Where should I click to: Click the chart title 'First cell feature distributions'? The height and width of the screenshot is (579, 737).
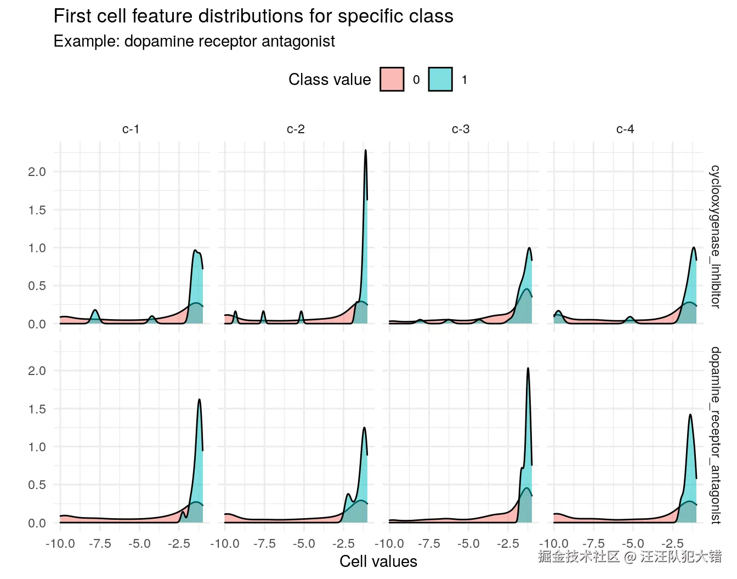point(253,16)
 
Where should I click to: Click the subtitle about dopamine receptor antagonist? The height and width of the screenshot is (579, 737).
point(194,42)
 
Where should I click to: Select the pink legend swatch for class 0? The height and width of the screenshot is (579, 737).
point(392,80)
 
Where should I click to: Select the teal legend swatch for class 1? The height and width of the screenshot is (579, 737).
point(440,80)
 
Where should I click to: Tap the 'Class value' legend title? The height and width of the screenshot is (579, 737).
point(330,80)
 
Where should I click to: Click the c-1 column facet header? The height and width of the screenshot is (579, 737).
point(131,129)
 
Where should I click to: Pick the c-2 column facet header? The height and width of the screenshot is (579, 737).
point(296,129)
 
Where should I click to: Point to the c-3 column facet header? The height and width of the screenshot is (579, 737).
point(461,129)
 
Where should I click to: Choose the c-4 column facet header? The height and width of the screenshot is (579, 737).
point(625,129)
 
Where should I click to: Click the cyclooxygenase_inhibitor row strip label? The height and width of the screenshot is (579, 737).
point(715,236)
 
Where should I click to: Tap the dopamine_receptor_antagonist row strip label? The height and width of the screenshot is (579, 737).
point(715,435)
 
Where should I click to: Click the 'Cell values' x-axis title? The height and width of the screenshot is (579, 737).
point(378,561)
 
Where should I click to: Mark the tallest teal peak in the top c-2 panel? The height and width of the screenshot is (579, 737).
point(365,151)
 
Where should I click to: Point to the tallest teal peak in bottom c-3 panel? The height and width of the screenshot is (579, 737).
point(528,368)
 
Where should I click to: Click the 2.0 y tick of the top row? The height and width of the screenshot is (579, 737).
point(37,172)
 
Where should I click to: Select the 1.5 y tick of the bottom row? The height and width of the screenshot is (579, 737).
point(37,409)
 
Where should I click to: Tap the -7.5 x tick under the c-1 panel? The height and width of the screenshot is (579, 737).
point(99,543)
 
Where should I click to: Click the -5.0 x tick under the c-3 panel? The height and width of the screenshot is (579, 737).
point(468,543)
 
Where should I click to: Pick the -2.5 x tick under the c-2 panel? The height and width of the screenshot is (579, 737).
point(343,543)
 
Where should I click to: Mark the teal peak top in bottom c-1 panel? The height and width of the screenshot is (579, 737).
point(199,400)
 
